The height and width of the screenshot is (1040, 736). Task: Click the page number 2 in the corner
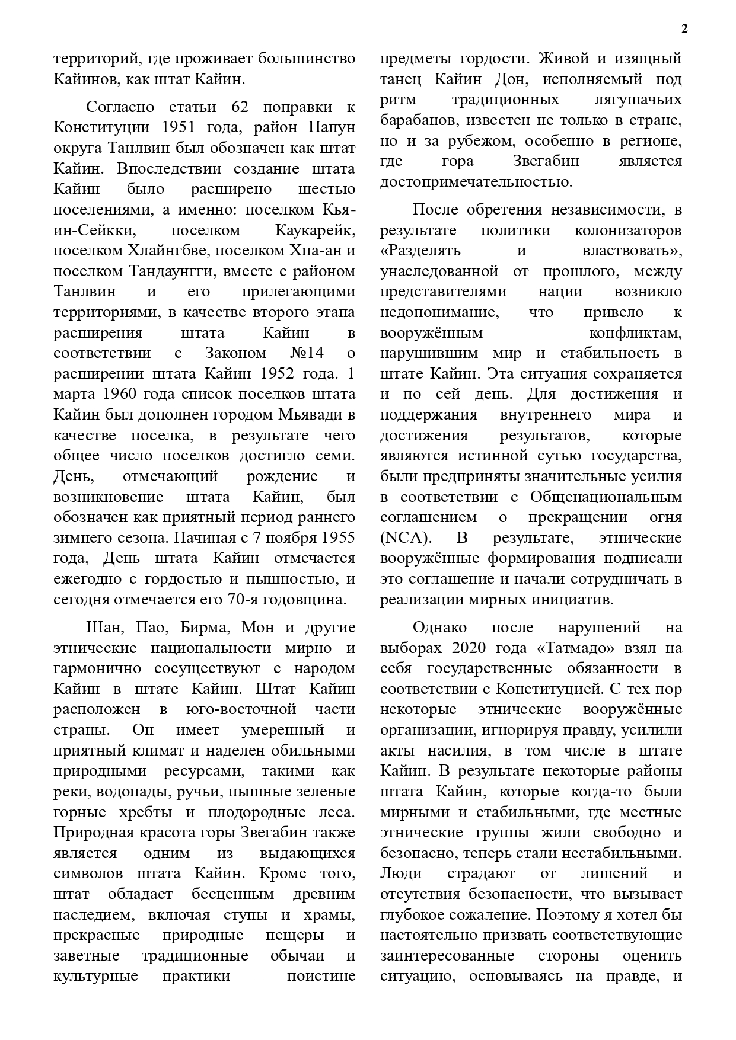(684, 29)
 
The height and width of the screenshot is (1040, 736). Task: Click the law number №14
(306, 353)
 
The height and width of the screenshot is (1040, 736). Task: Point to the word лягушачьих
(636, 100)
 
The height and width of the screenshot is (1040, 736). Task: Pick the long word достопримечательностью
(476, 181)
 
